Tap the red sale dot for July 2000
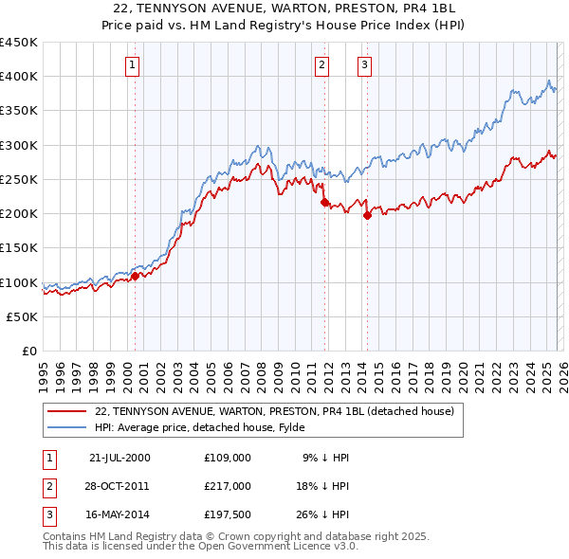click(x=135, y=277)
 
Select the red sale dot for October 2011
click(x=324, y=202)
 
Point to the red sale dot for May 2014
click(x=367, y=215)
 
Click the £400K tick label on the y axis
click(x=19, y=77)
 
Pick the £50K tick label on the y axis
click(x=23, y=317)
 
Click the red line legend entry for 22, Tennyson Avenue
click(x=275, y=411)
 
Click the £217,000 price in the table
click(x=228, y=486)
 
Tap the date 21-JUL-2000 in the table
click(x=119, y=458)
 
